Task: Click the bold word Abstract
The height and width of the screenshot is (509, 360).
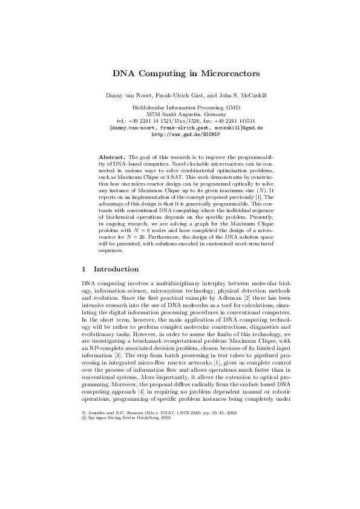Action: [x=110, y=157]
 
